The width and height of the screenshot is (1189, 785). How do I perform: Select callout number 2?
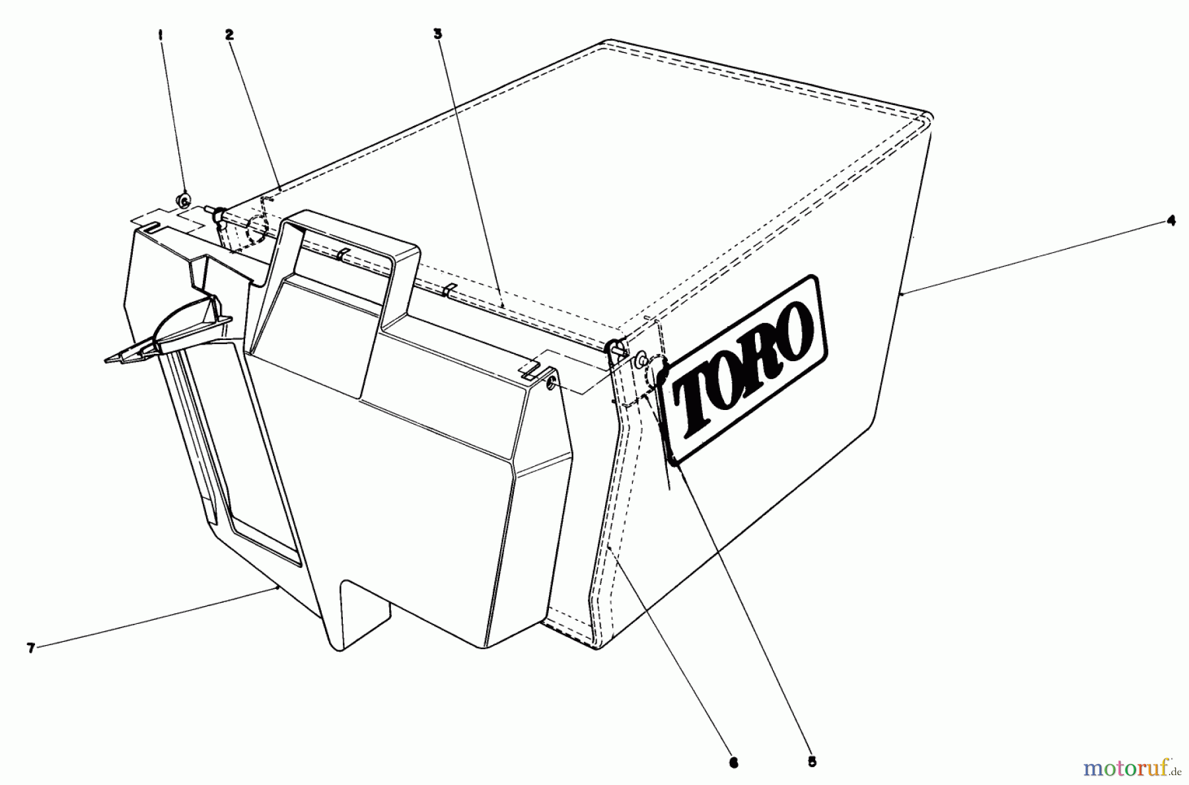[x=229, y=36]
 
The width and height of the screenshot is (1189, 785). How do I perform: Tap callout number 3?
[x=437, y=35]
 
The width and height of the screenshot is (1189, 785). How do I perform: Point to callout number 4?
[x=1170, y=222]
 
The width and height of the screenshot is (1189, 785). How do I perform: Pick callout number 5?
[x=812, y=762]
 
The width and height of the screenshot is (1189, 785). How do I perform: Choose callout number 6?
[x=733, y=763]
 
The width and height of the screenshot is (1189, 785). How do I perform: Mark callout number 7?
[x=30, y=648]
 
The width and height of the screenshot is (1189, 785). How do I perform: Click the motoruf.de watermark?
[x=1134, y=768]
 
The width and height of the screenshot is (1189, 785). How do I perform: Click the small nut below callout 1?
[x=184, y=199]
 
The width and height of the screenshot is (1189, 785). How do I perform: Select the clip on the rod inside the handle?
[x=340, y=255]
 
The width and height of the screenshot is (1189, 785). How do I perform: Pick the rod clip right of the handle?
[x=450, y=289]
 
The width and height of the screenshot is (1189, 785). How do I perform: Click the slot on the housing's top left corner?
[x=151, y=228]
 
